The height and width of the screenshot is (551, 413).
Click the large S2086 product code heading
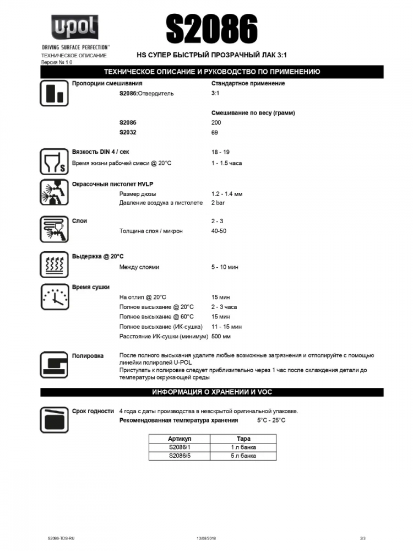tap(211, 28)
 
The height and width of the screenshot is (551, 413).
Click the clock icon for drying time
tap(53, 297)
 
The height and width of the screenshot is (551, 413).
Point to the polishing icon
tap(53, 364)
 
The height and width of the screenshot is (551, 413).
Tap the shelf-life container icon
tap(53, 420)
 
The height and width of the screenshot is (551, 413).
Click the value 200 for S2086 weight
tap(216, 123)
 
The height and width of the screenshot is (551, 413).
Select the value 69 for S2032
tap(215, 133)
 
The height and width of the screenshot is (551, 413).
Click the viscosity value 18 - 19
tap(220, 152)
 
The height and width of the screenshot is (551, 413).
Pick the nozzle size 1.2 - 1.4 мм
tap(227, 194)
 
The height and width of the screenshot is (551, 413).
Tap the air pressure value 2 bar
tap(219, 203)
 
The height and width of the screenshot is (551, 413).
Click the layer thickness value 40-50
tap(219, 231)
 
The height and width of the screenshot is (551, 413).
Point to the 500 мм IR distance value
tap(221, 336)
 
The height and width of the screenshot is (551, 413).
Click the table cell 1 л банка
tap(243, 447)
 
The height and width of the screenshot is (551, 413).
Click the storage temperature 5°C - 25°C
tap(271, 420)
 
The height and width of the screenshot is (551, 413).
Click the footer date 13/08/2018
tap(206, 538)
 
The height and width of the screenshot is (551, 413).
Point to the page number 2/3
tap(362, 538)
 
